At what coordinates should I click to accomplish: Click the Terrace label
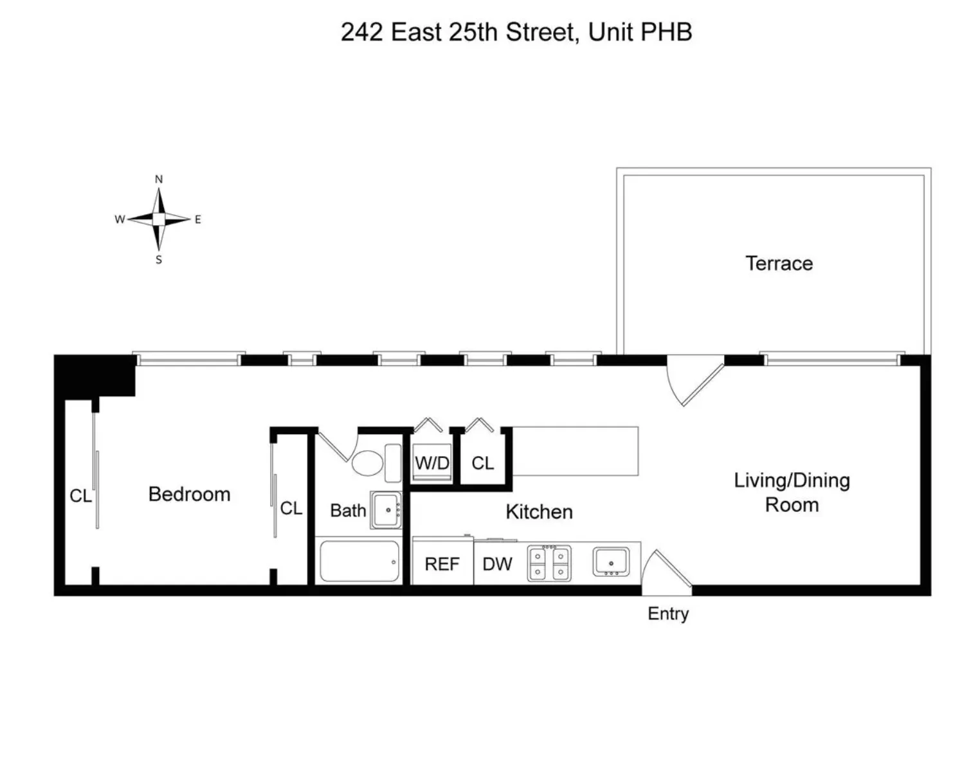click(779, 263)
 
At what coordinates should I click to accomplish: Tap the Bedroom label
click(189, 494)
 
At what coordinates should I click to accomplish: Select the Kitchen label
click(539, 511)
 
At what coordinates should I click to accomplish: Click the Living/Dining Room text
click(792, 493)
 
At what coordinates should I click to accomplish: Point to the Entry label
click(667, 614)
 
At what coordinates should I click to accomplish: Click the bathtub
click(359, 562)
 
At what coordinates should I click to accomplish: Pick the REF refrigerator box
click(442, 564)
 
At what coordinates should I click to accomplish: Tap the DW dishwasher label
click(497, 564)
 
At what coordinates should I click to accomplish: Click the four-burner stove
click(549, 564)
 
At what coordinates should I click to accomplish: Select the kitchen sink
click(611, 563)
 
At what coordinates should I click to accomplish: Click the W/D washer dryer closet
click(431, 462)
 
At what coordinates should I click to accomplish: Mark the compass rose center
click(158, 219)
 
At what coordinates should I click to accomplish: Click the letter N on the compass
click(159, 179)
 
